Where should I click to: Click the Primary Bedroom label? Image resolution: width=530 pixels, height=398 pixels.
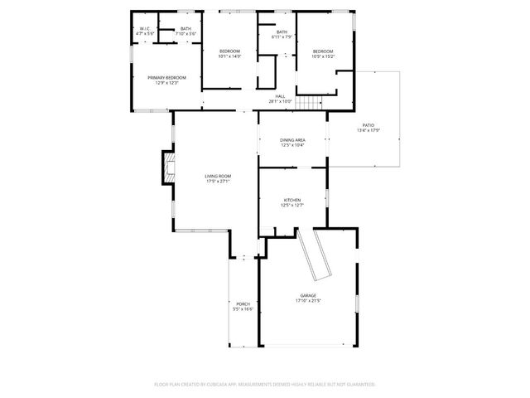click(x=167, y=78)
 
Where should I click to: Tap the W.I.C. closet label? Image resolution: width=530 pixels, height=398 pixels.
click(x=144, y=29)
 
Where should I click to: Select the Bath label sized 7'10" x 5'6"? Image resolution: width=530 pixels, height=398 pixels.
click(x=185, y=29)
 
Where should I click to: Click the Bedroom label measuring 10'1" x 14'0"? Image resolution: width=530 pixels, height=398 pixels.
click(x=229, y=51)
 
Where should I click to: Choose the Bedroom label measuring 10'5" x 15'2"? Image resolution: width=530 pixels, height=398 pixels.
click(x=322, y=51)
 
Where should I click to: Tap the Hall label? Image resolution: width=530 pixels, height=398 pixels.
click(x=281, y=96)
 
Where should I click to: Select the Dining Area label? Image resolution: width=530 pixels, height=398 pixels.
click(x=292, y=140)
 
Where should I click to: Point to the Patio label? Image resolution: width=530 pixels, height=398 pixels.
click(x=368, y=125)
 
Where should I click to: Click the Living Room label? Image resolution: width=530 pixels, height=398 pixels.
click(x=219, y=176)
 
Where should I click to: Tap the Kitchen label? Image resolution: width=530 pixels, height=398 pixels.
click(x=292, y=201)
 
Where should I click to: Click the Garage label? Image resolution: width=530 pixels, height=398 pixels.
click(x=308, y=295)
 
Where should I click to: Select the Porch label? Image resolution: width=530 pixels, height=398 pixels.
click(x=243, y=304)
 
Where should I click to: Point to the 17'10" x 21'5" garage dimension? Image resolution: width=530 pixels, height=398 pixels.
click(x=308, y=301)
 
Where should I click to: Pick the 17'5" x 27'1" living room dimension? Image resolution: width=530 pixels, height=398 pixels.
click(x=219, y=181)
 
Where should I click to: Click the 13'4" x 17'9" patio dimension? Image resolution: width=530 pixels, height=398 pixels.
click(x=368, y=130)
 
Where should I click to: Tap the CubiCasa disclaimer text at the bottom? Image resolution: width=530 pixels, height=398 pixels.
click(x=265, y=385)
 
